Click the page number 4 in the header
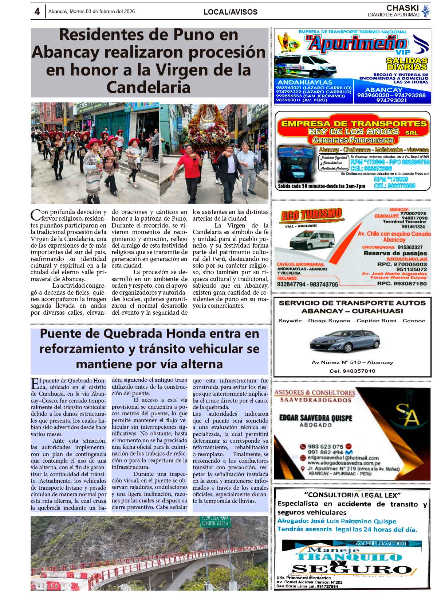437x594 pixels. pyautogui.click(x=37, y=12)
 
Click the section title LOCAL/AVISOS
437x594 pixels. pyautogui.click(x=230, y=12)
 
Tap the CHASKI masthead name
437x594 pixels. pyautogui.click(x=402, y=8)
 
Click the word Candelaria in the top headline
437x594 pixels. pyautogui.click(x=148, y=88)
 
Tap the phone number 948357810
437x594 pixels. pyautogui.click(x=352, y=371)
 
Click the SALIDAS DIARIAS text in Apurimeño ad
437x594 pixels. pyautogui.click(x=406, y=64)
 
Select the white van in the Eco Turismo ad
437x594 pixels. pyautogui.click(x=307, y=239)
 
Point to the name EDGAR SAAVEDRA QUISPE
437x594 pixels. pyautogui.click(x=316, y=418)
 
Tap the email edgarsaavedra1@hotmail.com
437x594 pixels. pyautogui.click(x=343, y=458)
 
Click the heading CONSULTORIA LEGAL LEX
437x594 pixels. pyautogui.click(x=353, y=495)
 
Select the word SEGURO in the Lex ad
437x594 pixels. pyautogui.click(x=351, y=569)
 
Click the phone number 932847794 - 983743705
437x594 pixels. pyautogui.click(x=307, y=284)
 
